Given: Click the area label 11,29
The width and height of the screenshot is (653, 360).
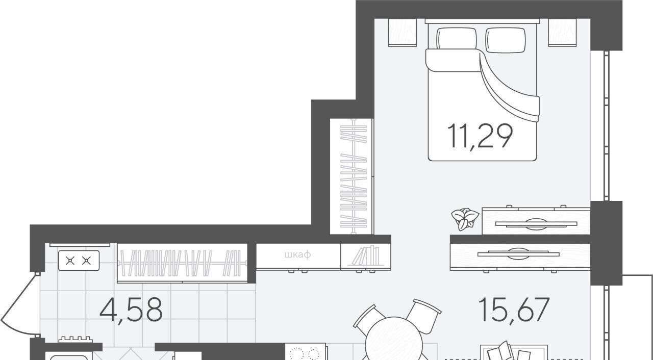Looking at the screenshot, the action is point(480,136).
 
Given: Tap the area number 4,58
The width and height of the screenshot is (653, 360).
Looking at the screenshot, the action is point(131,310).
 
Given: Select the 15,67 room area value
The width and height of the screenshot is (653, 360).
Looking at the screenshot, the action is point(514,310).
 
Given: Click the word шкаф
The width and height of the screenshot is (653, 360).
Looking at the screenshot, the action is point(297,255).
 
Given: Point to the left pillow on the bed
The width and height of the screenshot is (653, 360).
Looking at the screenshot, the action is point(457,38).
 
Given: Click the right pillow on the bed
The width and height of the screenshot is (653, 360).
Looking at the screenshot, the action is point(506,40).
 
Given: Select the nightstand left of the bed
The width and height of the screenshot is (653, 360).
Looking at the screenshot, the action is point(403,32).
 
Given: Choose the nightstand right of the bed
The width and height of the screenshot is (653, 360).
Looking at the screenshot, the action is point(562,32).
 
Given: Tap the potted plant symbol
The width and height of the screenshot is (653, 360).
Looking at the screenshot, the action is point(465,219).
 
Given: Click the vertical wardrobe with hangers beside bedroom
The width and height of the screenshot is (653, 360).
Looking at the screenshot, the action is point(352,176).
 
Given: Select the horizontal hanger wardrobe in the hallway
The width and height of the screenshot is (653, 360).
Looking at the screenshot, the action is point(183,263).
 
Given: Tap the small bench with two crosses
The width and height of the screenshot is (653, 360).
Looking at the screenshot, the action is point(79,261).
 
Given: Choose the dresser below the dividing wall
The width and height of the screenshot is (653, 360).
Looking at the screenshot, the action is point(520,257).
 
